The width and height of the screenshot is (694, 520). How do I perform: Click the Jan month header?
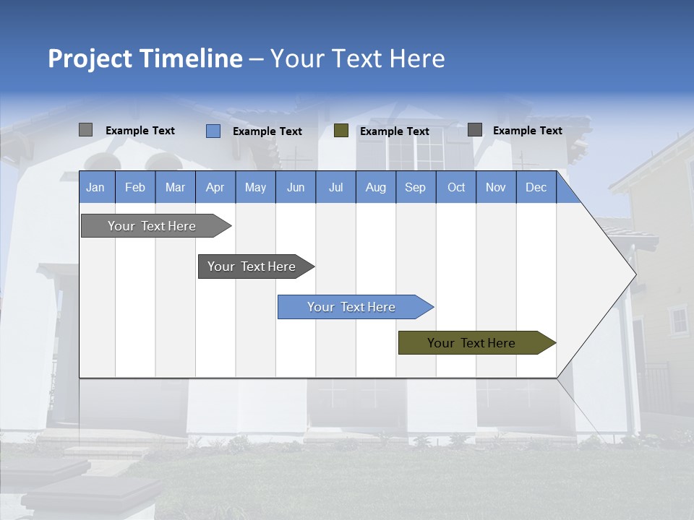pyautogui.click(x=95, y=187)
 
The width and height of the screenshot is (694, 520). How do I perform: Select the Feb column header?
pyautogui.click(x=135, y=187)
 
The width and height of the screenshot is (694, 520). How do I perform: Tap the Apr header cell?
pyautogui.click(x=215, y=187)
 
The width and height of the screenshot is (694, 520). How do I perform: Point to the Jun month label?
pyautogui.click(x=296, y=187)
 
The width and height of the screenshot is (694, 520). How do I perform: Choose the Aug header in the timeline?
pyautogui.click(x=375, y=187)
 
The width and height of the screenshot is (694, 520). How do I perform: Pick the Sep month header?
pyautogui.click(x=415, y=187)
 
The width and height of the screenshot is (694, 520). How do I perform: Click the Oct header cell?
pyautogui.click(x=456, y=187)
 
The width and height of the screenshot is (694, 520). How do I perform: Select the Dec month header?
pyautogui.click(x=536, y=187)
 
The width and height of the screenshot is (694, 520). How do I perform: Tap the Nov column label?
pyautogui.click(x=496, y=187)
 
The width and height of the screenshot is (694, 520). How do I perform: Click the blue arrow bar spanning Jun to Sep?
pyautogui.click(x=352, y=307)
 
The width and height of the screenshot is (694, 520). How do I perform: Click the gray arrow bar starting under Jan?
pyautogui.click(x=153, y=226)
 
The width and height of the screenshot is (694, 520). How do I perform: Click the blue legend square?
pyautogui.click(x=213, y=131)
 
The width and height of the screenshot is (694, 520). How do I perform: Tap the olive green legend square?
pyautogui.click(x=341, y=131)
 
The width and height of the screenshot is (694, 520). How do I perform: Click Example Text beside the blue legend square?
pyautogui.click(x=267, y=131)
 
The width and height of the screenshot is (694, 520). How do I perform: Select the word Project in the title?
pyautogui.click(x=90, y=58)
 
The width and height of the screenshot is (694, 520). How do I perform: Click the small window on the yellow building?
pyautogui.click(x=679, y=320)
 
